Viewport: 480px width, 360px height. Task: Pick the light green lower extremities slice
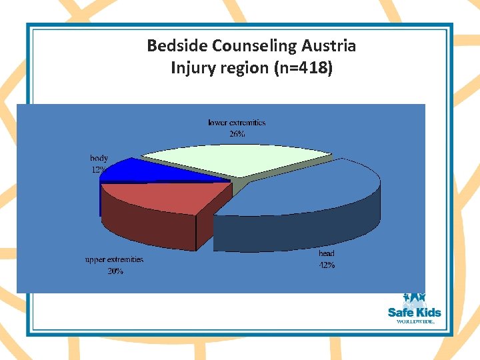pyautogui.click(x=233, y=159)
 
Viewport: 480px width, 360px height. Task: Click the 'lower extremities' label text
pyautogui.click(x=237, y=123)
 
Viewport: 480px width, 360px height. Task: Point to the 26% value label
pyautogui.click(x=237, y=133)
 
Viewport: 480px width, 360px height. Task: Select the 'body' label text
pyautogui.click(x=99, y=159)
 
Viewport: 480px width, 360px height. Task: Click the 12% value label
pyautogui.click(x=98, y=169)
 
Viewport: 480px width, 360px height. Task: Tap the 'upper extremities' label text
pyautogui.click(x=114, y=259)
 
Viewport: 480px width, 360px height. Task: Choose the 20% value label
pyautogui.click(x=115, y=271)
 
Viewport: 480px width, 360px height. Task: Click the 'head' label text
pyautogui.click(x=326, y=253)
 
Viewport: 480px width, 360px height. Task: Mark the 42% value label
pyautogui.click(x=326, y=265)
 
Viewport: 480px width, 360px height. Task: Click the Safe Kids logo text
pyautogui.click(x=414, y=312)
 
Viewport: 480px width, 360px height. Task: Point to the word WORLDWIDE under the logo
pyautogui.click(x=415, y=321)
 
